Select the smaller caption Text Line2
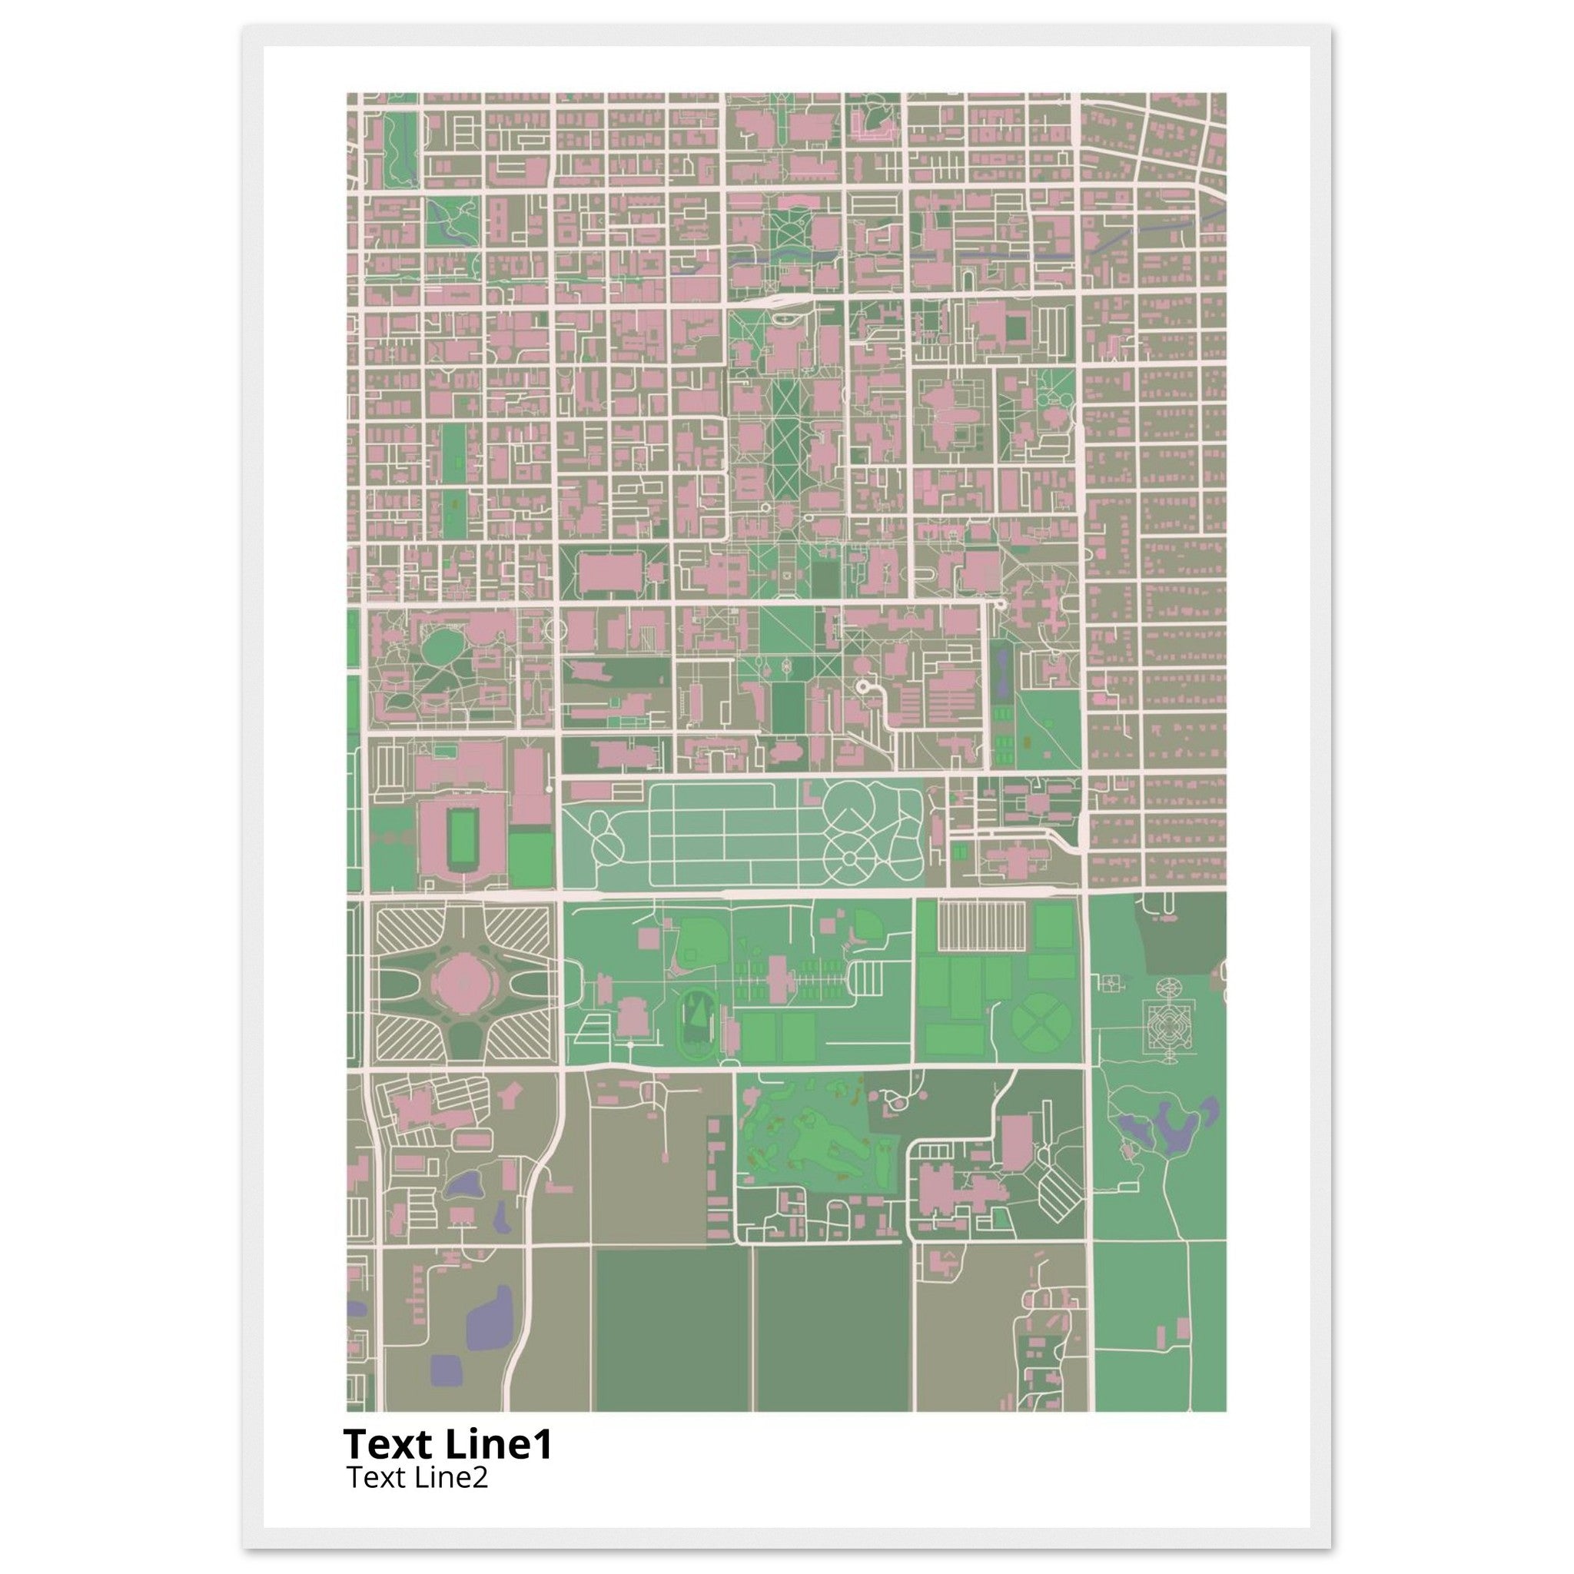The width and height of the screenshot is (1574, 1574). (417, 1476)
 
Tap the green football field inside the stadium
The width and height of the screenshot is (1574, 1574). (462, 839)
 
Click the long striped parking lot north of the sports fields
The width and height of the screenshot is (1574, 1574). (981, 925)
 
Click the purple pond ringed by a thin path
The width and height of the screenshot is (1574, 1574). (462, 1184)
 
